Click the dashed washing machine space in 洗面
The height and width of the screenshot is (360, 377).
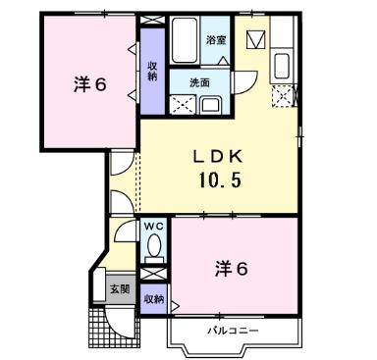click(180, 104)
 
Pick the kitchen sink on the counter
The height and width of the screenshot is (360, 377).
click(280, 68)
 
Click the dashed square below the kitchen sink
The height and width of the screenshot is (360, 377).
click(285, 96)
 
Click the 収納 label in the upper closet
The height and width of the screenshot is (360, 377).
click(153, 72)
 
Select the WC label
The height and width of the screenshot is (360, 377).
click(154, 228)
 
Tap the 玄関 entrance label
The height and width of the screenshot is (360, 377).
click(118, 288)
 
